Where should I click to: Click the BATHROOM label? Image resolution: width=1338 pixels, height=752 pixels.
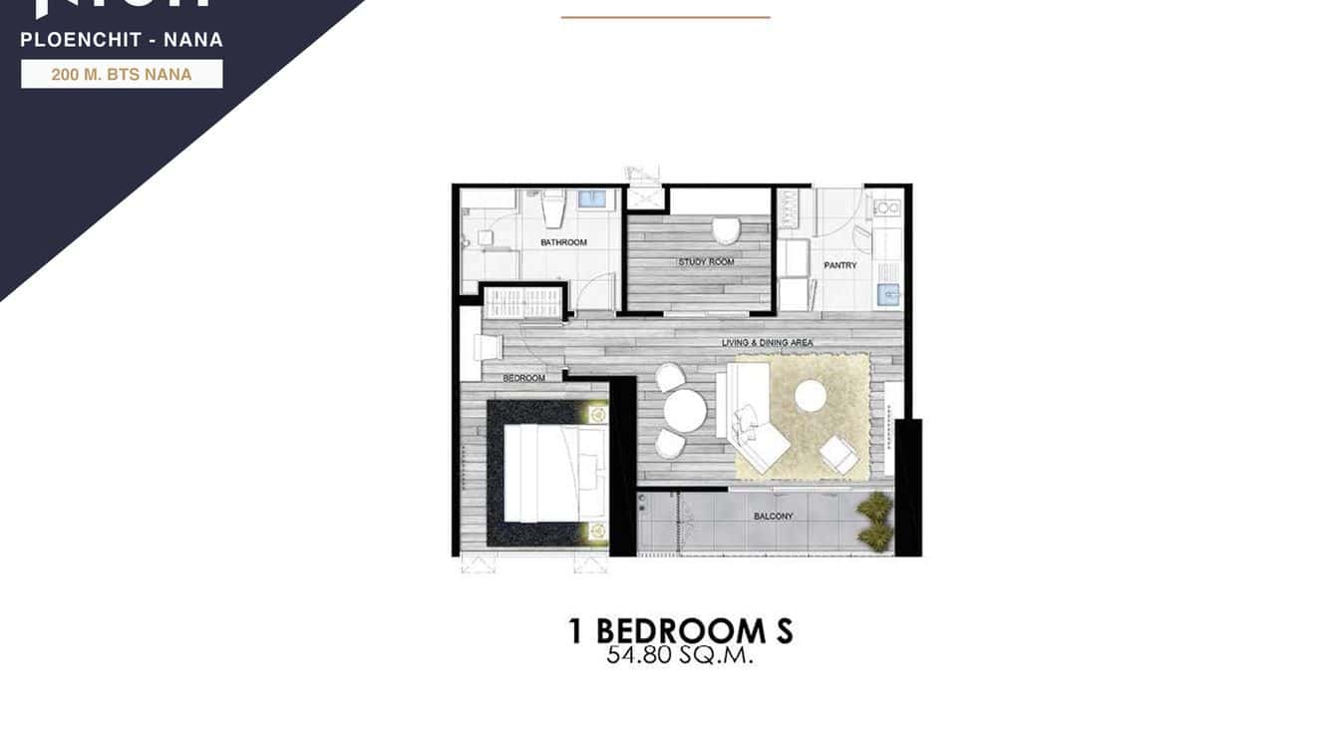(563, 242)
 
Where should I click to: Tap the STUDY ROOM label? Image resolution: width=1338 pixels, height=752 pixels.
(706, 262)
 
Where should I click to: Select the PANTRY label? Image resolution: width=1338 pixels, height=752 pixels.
(840, 265)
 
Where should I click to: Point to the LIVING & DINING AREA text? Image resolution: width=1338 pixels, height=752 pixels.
(767, 343)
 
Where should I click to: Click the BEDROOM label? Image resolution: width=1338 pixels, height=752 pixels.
(523, 378)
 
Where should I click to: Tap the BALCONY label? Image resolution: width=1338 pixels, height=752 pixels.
(774, 516)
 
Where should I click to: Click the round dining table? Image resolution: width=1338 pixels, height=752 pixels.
(685, 410)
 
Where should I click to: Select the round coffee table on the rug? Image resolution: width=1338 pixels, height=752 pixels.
(811, 396)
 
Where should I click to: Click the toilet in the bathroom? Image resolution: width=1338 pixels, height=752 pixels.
(554, 208)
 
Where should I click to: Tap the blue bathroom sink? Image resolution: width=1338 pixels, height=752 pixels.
(592, 198)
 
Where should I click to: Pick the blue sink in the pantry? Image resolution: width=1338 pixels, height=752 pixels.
(887, 294)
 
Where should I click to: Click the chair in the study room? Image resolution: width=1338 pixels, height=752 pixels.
(726, 231)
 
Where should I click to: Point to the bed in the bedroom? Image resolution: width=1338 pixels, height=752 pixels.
(553, 473)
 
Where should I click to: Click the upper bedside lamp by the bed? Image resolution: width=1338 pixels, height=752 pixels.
(597, 414)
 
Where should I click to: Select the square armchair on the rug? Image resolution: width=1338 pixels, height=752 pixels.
(838, 456)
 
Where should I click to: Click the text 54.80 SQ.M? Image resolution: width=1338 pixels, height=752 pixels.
(679, 656)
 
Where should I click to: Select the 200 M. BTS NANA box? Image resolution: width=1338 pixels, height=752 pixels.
(122, 74)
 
